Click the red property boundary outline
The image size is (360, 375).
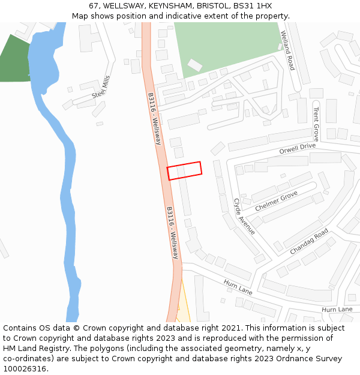tap(184, 170)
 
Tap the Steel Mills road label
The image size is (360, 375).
tap(101, 88)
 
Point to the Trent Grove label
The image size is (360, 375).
tap(316, 123)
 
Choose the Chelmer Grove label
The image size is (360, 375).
tap(276, 201)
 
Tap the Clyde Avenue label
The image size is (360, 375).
tap(244, 217)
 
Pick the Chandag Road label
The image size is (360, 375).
tap(309, 241)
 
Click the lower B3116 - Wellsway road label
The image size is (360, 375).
tap(173, 233)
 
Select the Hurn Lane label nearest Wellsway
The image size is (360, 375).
tap(238, 286)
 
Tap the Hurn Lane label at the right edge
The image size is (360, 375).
tap(337, 310)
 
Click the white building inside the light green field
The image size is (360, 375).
tap(195, 65)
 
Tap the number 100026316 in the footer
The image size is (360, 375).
tap(25, 369)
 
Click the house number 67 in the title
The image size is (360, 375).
tap(94, 6)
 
